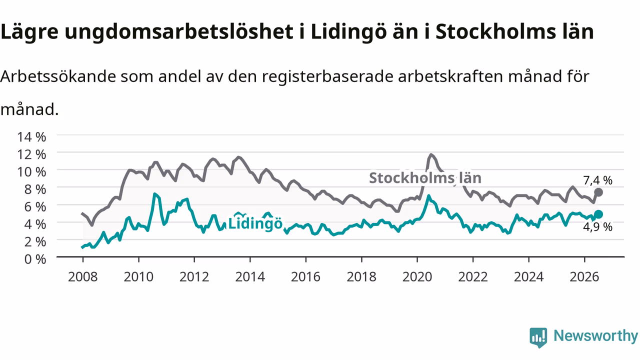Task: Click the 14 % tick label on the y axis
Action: click(x=31, y=137)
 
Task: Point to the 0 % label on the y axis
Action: click(x=35, y=259)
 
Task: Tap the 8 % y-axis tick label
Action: click(x=35, y=189)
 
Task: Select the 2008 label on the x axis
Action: click(x=83, y=277)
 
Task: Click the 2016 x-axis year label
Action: click(x=305, y=277)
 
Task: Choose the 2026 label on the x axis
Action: click(x=584, y=277)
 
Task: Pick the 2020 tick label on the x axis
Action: click(x=417, y=277)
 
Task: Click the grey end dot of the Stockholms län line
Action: click(x=598, y=192)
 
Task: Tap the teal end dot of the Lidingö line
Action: click(x=598, y=214)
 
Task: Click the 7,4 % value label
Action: click(x=597, y=180)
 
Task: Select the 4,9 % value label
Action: click(x=597, y=227)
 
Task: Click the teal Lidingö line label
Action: click(x=255, y=223)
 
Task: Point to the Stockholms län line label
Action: click(x=425, y=178)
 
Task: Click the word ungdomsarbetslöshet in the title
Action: click(x=179, y=32)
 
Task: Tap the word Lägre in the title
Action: click(x=29, y=32)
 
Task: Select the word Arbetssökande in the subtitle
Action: click(x=58, y=76)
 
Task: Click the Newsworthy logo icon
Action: click(x=538, y=337)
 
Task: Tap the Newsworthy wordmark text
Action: click(x=595, y=335)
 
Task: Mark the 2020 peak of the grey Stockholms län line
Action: click(x=431, y=155)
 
